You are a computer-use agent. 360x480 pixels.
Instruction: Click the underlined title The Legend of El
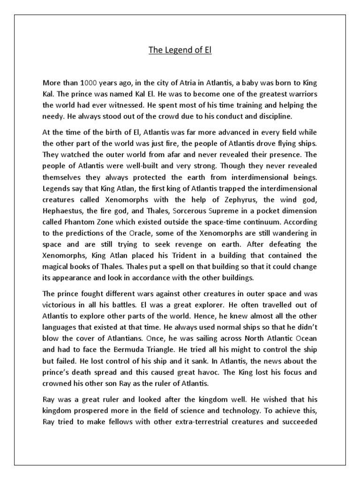pos(180,50)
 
